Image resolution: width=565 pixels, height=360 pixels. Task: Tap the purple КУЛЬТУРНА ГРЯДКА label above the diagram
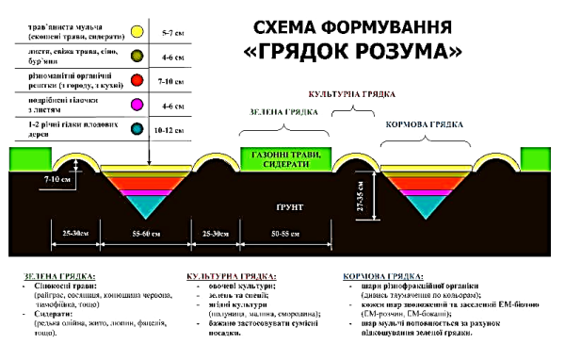[x=350, y=95]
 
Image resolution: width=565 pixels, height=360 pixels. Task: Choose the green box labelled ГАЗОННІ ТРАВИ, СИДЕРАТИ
[x=288, y=158]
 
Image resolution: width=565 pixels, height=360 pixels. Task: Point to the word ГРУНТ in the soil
[x=287, y=203]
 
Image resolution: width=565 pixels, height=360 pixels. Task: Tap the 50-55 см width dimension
[x=288, y=232]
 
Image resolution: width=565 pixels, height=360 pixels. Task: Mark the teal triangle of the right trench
[x=420, y=204]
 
